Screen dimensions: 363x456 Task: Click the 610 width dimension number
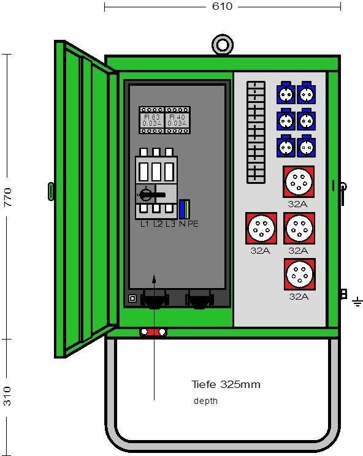coord(222,6)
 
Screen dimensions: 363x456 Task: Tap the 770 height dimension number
coord(8,197)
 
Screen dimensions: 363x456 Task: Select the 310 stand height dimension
coord(7,396)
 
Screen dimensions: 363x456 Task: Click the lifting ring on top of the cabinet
coord(223,45)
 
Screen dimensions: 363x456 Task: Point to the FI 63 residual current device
coord(152,120)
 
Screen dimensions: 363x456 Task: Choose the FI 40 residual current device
coord(177,120)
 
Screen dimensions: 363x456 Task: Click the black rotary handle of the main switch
coord(151,194)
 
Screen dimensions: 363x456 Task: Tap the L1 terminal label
coord(145,224)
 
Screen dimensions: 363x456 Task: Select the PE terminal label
coord(193,224)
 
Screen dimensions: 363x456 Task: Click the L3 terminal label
coord(170,224)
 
